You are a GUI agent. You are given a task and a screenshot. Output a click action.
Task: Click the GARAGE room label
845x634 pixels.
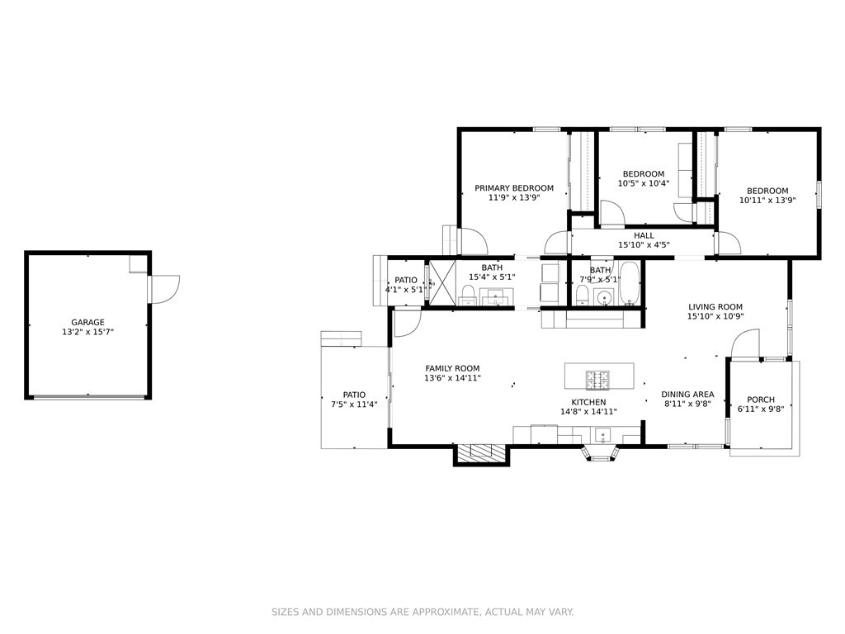[x=87, y=323]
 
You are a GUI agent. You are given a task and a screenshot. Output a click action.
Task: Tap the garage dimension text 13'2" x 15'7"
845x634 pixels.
[x=87, y=332]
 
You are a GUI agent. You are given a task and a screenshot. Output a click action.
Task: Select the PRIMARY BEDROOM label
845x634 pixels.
[x=514, y=188]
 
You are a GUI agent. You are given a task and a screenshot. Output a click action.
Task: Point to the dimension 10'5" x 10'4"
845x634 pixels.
[x=644, y=183]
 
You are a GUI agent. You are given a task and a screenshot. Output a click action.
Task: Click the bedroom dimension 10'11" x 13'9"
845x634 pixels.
[x=767, y=200]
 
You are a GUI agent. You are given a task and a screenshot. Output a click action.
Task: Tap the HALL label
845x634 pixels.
[x=644, y=235]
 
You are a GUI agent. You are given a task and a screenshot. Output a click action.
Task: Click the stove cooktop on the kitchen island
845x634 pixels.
[x=597, y=380]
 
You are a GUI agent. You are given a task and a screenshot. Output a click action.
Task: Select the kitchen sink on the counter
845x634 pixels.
[x=602, y=434]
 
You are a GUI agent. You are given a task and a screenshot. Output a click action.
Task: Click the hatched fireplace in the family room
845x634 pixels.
[x=481, y=453]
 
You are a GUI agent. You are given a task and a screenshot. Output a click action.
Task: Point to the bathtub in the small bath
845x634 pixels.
[x=629, y=282]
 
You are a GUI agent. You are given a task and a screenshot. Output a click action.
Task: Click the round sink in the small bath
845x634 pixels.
[x=605, y=297]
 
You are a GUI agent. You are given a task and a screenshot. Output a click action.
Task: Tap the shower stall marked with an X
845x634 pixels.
[x=442, y=284]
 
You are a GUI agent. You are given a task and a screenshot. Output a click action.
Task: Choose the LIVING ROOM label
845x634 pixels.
[x=715, y=307]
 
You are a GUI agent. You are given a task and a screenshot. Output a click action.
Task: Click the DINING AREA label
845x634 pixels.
[x=687, y=394]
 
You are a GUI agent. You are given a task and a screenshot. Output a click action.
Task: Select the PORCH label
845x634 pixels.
[x=761, y=400]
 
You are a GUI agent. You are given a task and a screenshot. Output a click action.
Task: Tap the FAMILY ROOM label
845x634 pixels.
[x=453, y=369]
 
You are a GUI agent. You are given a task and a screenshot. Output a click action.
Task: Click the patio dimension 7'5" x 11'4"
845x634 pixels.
[x=354, y=405]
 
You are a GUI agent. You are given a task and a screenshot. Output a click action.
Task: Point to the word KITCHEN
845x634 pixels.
[x=588, y=402]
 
